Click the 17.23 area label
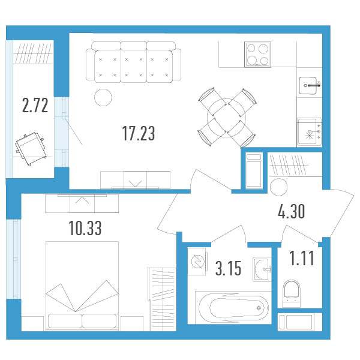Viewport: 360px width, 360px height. [139, 133]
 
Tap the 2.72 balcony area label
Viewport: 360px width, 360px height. [35, 105]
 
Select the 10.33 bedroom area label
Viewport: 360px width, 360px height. [85, 228]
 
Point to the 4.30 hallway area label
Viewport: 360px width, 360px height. [292, 211]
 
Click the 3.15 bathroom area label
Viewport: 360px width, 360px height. [228, 268]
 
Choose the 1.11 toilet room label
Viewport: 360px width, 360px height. [302, 258]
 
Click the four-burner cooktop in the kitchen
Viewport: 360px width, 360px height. [257, 55]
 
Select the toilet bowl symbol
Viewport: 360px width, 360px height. [292, 293]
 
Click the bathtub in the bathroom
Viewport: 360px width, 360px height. [233, 308]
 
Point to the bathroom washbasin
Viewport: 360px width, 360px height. [262, 269]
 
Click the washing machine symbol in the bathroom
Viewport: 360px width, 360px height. [197, 262]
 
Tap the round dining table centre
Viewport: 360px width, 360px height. [226, 118]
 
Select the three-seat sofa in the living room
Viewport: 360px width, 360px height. [133, 62]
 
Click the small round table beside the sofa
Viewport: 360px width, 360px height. [103, 98]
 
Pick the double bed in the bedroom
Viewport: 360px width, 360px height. [82, 286]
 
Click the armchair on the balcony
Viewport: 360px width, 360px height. [30, 148]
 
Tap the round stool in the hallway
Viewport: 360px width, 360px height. [279, 187]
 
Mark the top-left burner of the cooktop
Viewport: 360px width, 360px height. [251, 48]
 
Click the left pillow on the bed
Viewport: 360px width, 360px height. [65, 321]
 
